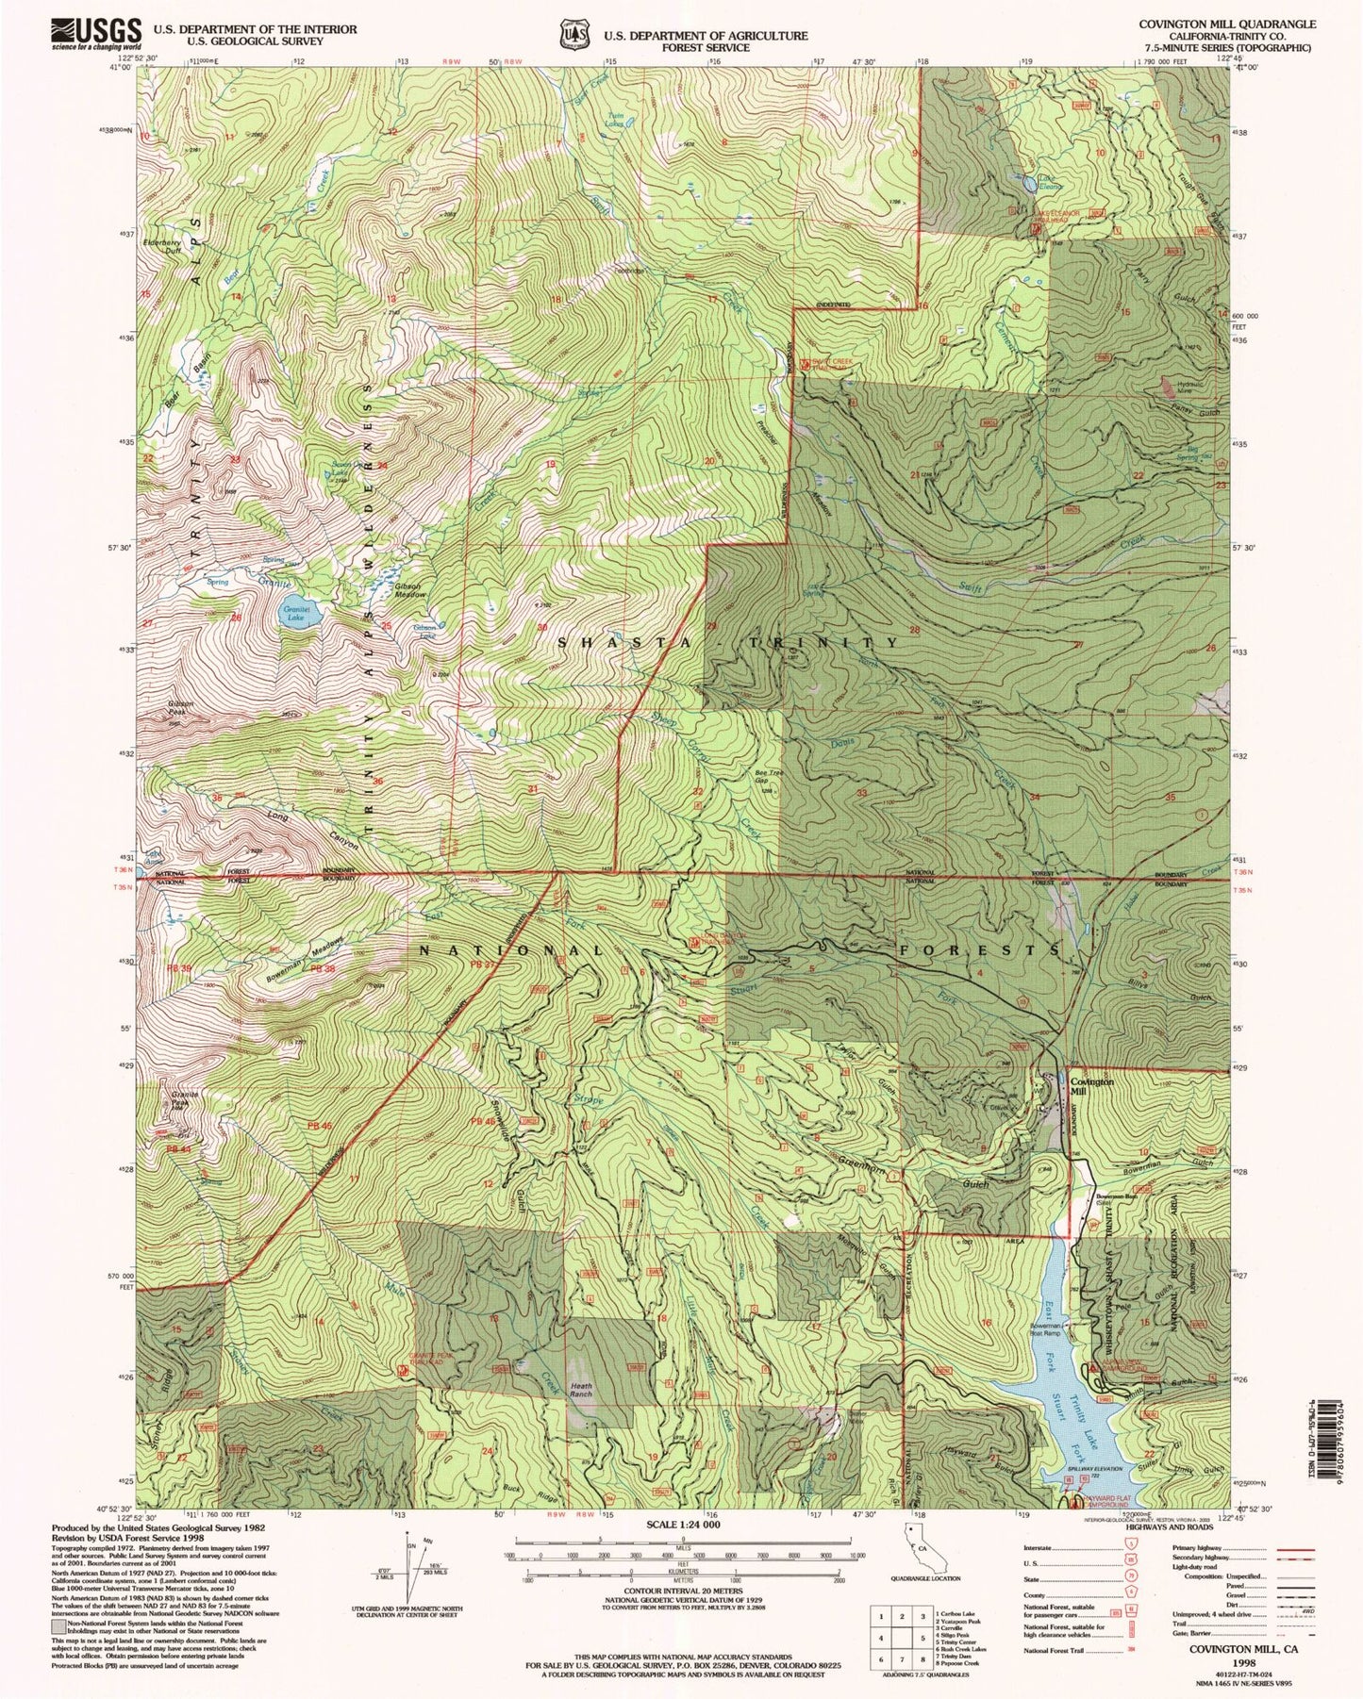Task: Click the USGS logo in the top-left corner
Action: (97, 34)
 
